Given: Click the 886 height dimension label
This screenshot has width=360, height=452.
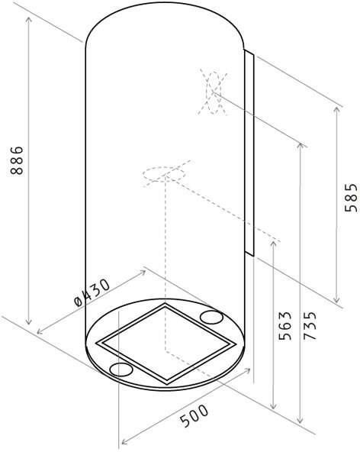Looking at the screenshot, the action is [17, 160].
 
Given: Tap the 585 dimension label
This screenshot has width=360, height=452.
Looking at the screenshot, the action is [351, 198].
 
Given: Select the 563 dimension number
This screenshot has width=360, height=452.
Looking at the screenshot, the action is [285, 325].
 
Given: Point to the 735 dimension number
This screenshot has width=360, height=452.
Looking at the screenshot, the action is [310, 325].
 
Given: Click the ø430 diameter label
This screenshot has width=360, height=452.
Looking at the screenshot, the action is [92, 292].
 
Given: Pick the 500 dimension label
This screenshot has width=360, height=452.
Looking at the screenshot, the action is [194, 415].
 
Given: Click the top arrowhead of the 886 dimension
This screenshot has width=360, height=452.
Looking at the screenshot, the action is [28, 20].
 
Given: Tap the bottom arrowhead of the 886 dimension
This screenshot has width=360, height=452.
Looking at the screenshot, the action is [28, 321].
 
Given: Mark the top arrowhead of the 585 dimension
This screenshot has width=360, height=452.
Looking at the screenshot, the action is [336, 110].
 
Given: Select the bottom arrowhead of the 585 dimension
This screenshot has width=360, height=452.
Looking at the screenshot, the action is [336, 299].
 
